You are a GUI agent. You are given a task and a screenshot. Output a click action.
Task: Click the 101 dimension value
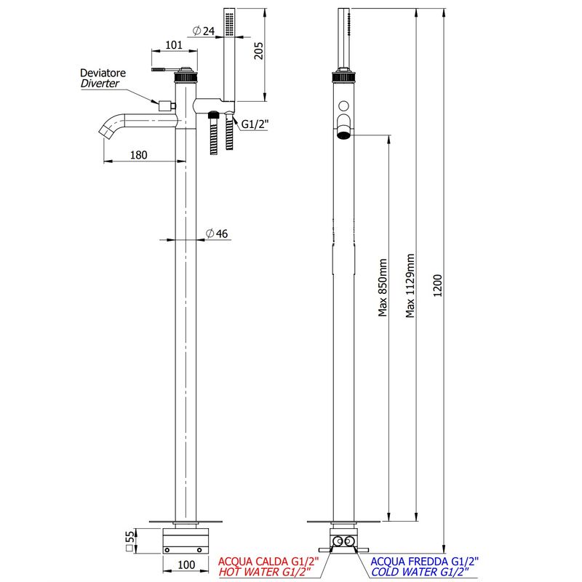pos(174,45)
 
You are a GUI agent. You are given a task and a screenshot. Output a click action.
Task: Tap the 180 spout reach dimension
pos(138,155)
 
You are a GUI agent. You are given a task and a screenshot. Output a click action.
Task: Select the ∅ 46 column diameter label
pos(217,234)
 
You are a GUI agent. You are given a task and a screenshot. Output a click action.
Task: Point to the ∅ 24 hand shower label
pos(204,31)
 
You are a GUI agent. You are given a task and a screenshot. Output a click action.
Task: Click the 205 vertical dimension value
pos(258,50)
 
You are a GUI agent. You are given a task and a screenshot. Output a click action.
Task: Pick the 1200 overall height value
pos(438,285)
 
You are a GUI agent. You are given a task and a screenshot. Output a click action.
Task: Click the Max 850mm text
pos(383,287)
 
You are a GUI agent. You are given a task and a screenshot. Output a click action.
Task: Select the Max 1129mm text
pos(410,285)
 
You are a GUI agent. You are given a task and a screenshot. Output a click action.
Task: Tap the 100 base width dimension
pos(186,565)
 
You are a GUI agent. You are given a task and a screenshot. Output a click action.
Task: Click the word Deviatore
pos(103,73)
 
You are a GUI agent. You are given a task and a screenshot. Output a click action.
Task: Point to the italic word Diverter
pos(100,83)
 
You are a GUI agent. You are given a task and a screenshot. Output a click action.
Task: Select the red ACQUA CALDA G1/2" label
pos(268,561)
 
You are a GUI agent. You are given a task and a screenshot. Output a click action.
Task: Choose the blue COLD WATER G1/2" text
pos(420,572)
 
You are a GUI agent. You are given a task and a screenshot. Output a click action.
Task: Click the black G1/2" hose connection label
pos(255,124)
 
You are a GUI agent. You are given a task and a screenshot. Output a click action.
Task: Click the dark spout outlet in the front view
pos(343,134)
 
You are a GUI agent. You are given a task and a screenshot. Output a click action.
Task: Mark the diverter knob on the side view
pos(167,105)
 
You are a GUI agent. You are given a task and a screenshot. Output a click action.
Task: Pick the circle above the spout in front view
pos(343,105)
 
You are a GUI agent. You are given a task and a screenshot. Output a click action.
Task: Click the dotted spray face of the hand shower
pos(229,25)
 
